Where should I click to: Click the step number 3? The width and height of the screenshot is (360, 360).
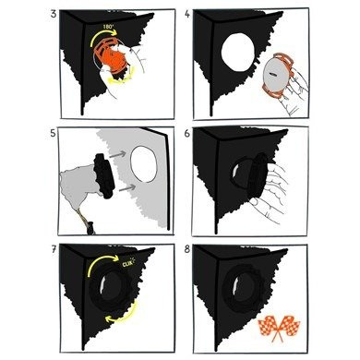[x=54, y=14]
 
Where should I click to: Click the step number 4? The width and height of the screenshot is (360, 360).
[x=187, y=14]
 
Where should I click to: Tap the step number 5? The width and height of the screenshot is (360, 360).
[x=54, y=133]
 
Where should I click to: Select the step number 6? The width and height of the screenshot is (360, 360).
[x=187, y=133]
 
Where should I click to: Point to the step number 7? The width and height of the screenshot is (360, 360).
[x=54, y=250]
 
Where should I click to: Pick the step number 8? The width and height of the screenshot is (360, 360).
[x=187, y=250]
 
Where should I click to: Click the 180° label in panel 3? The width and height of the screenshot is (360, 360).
[x=108, y=27]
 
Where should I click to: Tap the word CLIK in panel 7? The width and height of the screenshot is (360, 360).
[x=127, y=264]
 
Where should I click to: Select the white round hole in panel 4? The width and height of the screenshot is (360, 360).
[x=238, y=50]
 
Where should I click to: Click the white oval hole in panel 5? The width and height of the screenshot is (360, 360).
[x=144, y=164]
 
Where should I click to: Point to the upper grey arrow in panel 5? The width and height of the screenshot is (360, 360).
[x=118, y=154]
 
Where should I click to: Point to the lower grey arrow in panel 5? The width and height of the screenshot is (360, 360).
[x=127, y=187]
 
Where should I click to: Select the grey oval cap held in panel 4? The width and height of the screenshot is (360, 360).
[x=275, y=75]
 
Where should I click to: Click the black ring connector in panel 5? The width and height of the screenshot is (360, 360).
[x=104, y=176]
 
